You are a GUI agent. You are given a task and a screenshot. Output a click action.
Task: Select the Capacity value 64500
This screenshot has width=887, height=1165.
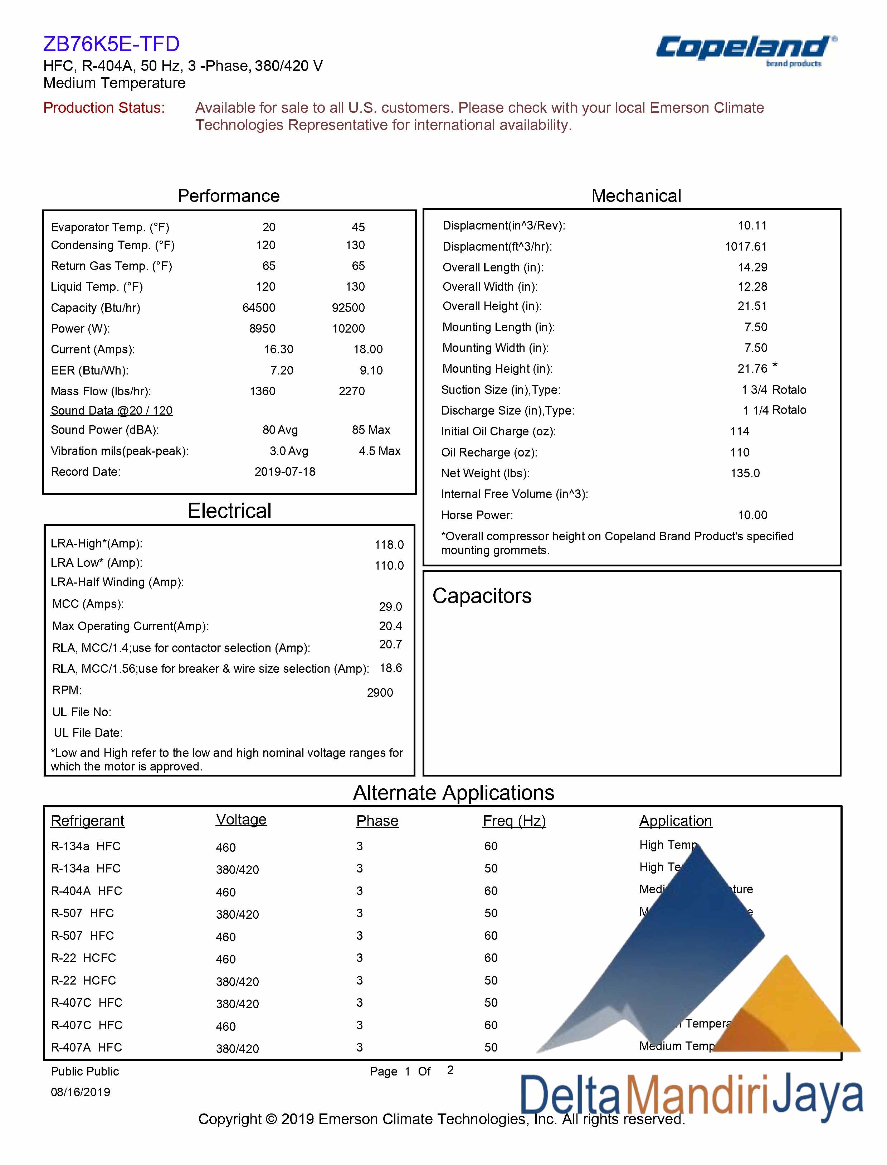[x=259, y=308]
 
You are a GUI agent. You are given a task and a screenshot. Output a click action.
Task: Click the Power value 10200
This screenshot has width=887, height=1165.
[x=349, y=329]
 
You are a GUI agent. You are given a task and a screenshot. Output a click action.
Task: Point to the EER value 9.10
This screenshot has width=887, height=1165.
[x=371, y=370]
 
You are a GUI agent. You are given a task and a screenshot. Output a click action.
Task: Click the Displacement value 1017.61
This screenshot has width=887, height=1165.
[x=746, y=247]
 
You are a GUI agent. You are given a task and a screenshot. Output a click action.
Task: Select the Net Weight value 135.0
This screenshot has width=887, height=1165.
[x=745, y=473]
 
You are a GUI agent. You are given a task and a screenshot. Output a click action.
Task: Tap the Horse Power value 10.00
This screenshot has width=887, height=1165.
[x=752, y=515]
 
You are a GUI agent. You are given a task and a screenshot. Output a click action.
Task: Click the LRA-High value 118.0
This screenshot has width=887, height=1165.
[x=389, y=545]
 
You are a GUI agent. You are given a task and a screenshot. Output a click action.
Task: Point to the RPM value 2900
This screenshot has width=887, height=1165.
[x=380, y=693]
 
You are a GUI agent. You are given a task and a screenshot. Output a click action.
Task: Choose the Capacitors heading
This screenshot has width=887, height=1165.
[x=482, y=596]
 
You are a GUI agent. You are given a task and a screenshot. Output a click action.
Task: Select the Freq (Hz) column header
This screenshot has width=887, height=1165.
[x=514, y=821]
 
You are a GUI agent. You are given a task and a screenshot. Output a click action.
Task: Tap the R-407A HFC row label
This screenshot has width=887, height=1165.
[x=87, y=1047]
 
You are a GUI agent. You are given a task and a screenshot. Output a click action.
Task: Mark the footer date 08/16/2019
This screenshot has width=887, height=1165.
[x=80, y=1092]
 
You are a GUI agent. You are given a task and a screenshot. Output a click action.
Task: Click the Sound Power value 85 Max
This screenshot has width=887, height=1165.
[x=371, y=430]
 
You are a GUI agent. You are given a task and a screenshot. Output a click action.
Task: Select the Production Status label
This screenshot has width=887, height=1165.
[x=104, y=108]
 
